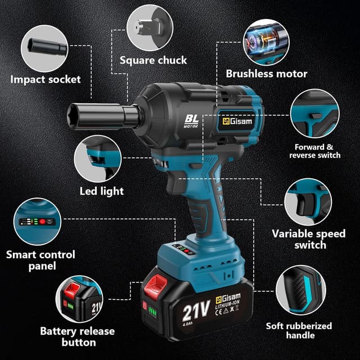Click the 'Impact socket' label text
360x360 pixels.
point(46,80)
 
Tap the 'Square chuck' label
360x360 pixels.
point(153,60)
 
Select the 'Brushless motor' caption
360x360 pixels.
point(267,74)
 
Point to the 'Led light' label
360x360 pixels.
point(101,191)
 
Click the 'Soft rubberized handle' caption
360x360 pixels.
point(299,330)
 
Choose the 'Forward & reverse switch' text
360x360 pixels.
point(315,151)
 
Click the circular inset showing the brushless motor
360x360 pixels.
point(266,42)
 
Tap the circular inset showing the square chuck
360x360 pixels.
point(150,28)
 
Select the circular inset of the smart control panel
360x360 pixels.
point(37,222)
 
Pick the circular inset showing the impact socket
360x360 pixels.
point(44,48)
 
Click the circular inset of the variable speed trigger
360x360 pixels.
point(308,202)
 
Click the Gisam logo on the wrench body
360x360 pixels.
point(237,121)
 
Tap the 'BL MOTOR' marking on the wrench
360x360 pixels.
point(191,121)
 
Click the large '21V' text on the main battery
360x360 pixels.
point(196,310)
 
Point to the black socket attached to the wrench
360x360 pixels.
point(103,116)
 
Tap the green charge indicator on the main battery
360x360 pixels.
point(152,312)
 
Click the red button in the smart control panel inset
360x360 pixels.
point(42,222)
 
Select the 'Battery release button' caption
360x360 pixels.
point(78,336)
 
